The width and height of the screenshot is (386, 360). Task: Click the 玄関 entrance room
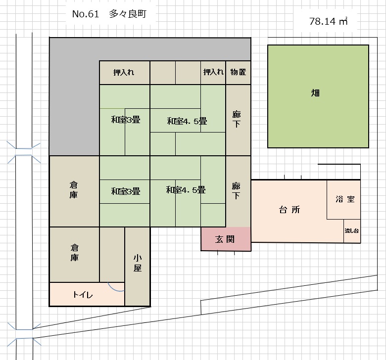(225, 239)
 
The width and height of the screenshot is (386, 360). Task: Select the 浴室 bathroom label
(344, 199)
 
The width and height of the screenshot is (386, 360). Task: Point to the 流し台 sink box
(352, 231)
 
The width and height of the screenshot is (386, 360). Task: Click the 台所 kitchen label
(289, 210)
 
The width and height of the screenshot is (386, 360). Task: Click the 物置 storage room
(238, 72)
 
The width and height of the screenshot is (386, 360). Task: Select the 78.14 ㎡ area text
(328, 21)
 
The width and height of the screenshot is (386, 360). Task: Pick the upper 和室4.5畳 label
(187, 121)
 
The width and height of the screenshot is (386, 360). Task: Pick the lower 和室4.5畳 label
(186, 190)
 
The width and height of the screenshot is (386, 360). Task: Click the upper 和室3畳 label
(125, 119)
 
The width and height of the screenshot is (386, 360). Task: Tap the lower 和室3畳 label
(125, 191)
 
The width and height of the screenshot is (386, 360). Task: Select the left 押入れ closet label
(124, 72)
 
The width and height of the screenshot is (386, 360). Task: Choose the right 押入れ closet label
(213, 72)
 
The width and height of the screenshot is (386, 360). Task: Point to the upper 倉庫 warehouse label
(74, 190)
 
